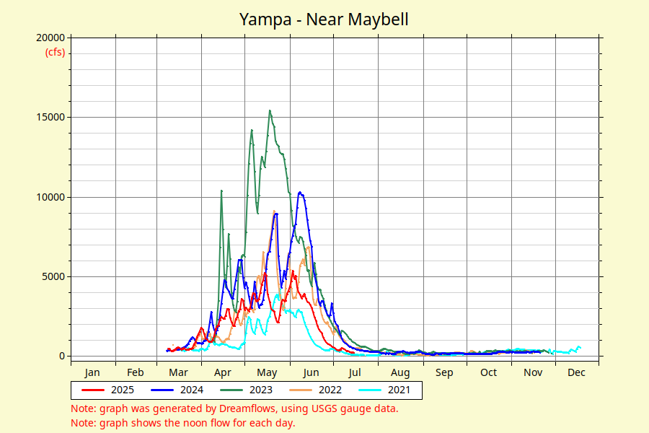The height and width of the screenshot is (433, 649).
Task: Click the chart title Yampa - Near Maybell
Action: (x=324, y=19)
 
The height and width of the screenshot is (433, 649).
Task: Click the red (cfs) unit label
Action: (x=55, y=52)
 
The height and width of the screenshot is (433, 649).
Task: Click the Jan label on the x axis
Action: (x=92, y=372)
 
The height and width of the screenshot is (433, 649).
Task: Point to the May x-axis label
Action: (x=267, y=372)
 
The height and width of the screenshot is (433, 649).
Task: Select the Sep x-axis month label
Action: (x=444, y=372)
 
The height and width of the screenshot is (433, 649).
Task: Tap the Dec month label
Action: (x=576, y=372)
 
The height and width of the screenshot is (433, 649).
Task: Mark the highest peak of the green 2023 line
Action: (x=270, y=110)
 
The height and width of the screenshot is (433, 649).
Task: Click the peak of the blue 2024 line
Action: (x=300, y=192)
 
